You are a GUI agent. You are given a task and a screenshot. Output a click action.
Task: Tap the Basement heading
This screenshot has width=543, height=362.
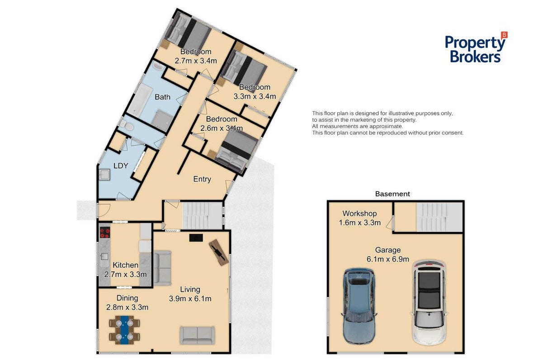392,194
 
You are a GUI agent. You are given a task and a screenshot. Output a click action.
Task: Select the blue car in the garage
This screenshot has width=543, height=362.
359,306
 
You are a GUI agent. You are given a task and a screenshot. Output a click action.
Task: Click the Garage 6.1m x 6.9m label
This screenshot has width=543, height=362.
387,254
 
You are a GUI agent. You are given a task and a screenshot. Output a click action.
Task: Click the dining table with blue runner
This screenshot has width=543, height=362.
124,330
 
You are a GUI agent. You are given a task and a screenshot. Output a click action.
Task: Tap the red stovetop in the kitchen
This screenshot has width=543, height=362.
105,233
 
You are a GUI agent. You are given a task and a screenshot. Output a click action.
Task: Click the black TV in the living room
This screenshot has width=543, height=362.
196,238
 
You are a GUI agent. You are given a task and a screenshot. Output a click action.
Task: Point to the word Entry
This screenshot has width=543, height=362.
202,179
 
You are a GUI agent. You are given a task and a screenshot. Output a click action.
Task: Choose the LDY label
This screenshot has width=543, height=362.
121,166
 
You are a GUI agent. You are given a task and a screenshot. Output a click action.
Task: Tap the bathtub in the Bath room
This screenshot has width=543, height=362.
140,100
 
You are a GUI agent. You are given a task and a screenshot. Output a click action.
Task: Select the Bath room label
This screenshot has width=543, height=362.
162,97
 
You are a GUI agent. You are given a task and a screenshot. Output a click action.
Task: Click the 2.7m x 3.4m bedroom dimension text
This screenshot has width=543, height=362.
196,61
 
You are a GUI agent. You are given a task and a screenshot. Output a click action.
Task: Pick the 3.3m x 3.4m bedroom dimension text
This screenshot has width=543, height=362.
255,96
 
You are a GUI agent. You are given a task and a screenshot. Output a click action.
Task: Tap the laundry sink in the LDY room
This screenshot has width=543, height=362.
104,175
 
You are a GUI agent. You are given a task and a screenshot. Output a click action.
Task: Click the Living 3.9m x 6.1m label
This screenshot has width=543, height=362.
190,294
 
